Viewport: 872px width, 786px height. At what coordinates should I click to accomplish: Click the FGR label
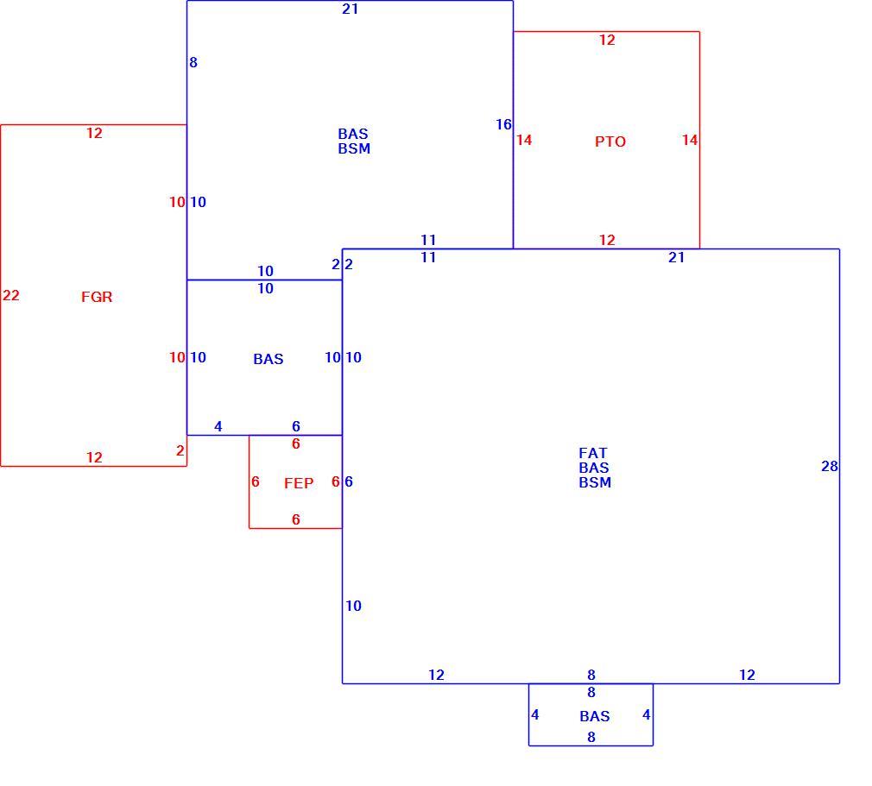click(97, 297)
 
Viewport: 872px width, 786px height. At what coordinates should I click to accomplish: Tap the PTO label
click(610, 141)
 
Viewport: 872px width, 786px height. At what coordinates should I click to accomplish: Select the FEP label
click(299, 484)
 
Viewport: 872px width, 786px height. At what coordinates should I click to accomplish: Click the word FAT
click(593, 453)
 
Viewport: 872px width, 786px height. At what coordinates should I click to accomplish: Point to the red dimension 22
click(11, 295)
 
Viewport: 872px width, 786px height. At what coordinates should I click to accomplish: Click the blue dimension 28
click(829, 467)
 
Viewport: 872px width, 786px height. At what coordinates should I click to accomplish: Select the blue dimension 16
click(503, 124)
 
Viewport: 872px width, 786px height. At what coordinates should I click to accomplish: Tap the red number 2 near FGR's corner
click(180, 451)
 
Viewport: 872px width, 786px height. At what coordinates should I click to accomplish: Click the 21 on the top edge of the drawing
click(350, 9)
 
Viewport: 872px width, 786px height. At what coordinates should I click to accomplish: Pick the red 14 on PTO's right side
click(690, 140)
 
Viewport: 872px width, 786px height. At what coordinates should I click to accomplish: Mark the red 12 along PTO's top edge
click(607, 40)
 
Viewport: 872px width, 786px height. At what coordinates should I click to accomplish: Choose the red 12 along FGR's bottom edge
click(94, 457)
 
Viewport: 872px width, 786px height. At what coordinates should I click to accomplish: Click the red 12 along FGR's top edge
click(94, 134)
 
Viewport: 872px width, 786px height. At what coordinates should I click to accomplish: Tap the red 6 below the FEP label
click(296, 519)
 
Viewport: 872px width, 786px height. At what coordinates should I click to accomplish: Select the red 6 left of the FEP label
click(256, 482)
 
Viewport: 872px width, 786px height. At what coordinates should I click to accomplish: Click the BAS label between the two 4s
click(595, 716)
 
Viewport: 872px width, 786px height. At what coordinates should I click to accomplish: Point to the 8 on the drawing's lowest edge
click(591, 737)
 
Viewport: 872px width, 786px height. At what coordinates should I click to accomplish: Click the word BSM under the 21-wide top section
click(354, 149)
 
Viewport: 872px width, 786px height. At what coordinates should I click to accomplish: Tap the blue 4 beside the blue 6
click(218, 426)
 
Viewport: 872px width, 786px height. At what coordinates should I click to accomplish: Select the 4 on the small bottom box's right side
click(646, 715)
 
